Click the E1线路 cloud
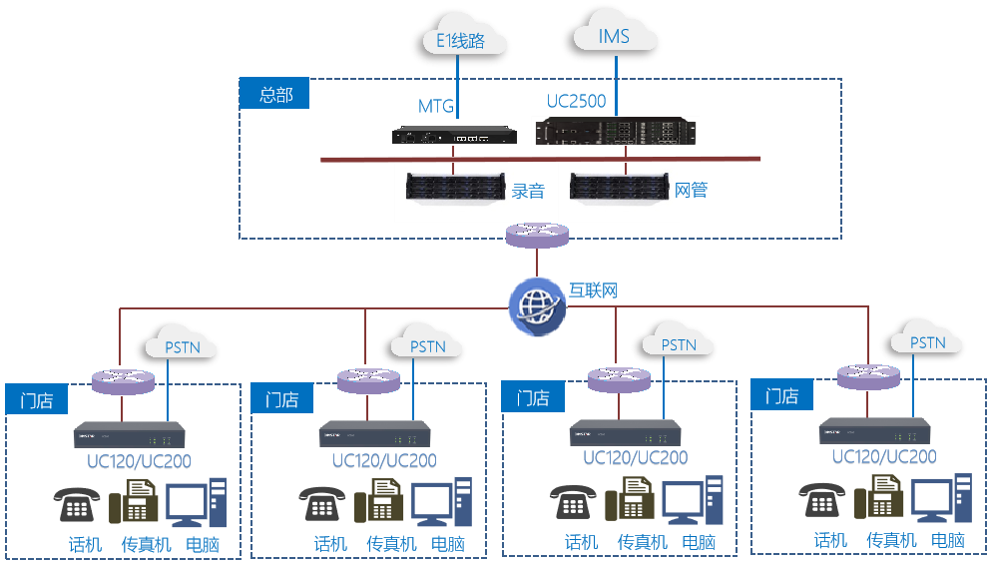point(460,41)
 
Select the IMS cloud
point(613,37)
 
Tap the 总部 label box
point(274,95)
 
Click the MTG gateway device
point(454,135)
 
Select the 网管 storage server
point(616,188)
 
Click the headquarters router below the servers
point(537,237)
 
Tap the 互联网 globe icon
point(537,304)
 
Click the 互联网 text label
point(594,290)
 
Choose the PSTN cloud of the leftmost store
point(181,347)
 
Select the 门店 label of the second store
point(281,399)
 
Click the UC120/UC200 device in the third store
point(625,432)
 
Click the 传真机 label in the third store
point(644,542)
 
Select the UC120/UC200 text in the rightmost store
point(884,456)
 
